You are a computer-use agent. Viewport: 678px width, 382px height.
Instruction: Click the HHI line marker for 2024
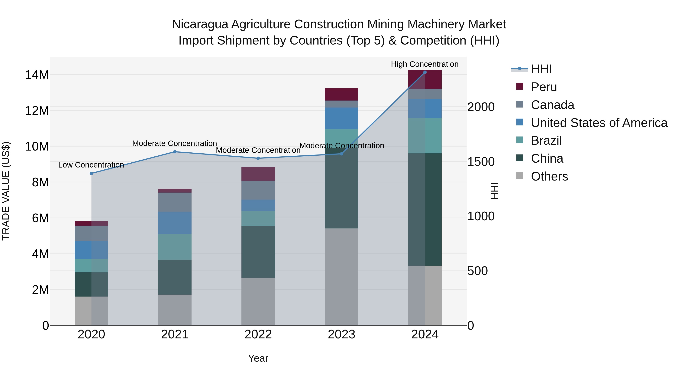point(425,72)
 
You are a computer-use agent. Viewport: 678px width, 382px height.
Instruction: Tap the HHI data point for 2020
point(91,174)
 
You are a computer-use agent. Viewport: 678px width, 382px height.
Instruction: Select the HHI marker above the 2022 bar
point(258,158)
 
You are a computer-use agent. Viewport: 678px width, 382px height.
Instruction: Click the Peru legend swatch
point(520,86)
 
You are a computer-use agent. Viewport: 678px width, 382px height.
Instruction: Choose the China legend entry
point(547,158)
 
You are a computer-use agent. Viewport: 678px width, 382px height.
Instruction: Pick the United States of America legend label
point(599,123)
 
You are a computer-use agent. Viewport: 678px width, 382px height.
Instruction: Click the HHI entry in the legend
point(541,69)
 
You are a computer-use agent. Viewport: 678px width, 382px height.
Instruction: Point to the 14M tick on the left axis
point(37,75)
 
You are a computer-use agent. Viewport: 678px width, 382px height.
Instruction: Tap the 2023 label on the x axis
point(341,334)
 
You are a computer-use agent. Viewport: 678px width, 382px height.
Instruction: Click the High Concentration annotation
point(425,64)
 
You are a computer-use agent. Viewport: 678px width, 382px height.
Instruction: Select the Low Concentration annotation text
point(91,165)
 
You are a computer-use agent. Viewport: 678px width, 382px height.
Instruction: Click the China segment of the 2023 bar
point(341,188)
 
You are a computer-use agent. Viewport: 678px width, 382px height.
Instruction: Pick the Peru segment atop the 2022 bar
point(258,174)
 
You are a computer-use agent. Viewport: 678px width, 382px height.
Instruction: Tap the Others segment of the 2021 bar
point(175,310)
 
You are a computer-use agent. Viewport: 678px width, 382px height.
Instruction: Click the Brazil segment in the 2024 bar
point(425,136)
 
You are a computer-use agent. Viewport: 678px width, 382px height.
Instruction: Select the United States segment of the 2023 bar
point(341,118)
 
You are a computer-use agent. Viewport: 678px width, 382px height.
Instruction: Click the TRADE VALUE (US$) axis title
point(6,191)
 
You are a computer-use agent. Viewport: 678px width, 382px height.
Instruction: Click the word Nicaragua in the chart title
point(200,25)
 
